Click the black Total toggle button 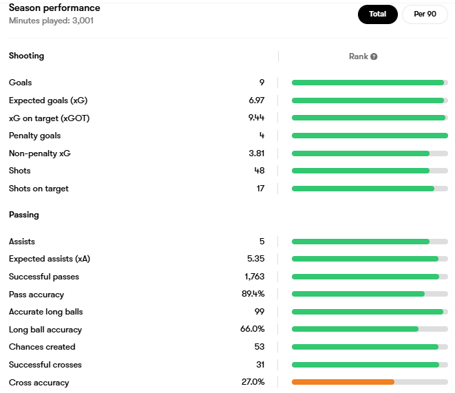click(377, 14)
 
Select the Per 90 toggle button click(425, 14)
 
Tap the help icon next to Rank click(374, 56)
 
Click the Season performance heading click(54, 8)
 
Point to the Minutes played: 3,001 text click(51, 21)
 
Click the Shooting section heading click(26, 56)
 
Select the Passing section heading click(23, 215)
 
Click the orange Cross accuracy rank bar click(343, 382)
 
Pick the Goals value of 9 click(262, 83)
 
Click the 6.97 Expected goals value click(256, 100)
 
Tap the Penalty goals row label click(34, 136)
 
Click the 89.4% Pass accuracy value click(253, 295)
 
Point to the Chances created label click(42, 347)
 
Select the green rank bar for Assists click(360, 242)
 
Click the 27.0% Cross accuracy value click(253, 382)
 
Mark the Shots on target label click(39, 189)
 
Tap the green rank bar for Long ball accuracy click(355, 330)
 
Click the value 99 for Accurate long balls click(260, 312)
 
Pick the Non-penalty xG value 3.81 click(256, 153)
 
